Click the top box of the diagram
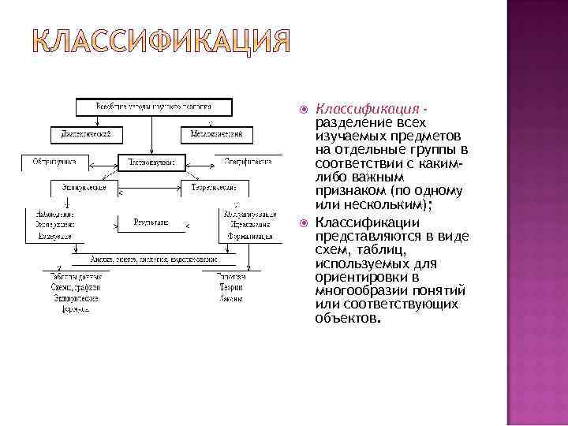pyautogui.click(x=155, y=105)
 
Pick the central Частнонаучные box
pyautogui.click(x=151, y=162)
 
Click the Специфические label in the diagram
pyautogui.click(x=247, y=161)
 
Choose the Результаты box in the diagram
pyautogui.click(x=151, y=223)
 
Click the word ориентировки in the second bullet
pyautogui.click(x=353, y=277)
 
